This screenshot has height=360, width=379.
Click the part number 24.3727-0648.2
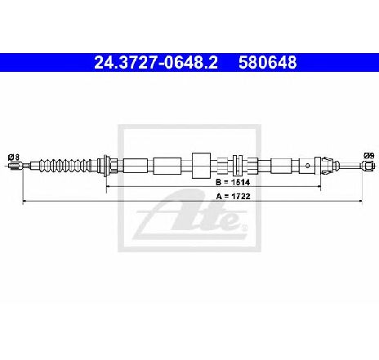(x=156, y=63)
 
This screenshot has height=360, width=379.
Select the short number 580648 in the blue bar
(x=268, y=63)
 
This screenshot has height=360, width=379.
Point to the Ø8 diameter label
(x=14, y=158)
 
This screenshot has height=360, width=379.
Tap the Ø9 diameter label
(x=369, y=156)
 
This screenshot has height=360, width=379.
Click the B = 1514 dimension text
(x=233, y=182)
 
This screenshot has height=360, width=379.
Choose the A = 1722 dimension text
(x=233, y=196)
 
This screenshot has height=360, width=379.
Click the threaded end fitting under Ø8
(x=15, y=166)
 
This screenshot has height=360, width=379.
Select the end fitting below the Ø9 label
(x=368, y=166)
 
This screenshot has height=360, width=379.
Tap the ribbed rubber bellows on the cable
(x=65, y=165)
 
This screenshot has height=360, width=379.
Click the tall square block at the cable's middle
(x=201, y=166)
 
